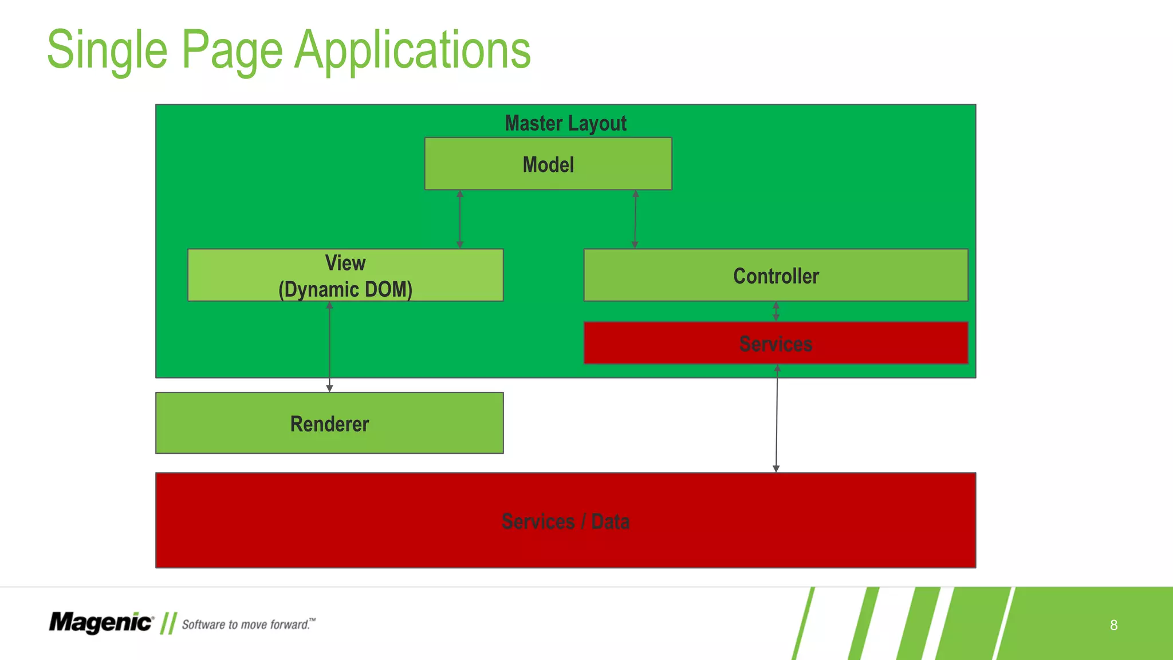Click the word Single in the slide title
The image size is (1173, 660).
pyautogui.click(x=107, y=50)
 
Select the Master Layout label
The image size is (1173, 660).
pyautogui.click(x=565, y=123)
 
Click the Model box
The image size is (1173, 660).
pyautogui.click(x=548, y=164)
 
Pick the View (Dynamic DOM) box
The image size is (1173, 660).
pyautogui.click(x=345, y=275)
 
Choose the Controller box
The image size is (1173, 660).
pyautogui.click(x=776, y=276)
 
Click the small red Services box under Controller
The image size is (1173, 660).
pyautogui.click(x=776, y=343)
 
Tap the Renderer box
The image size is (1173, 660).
pyautogui.click(x=329, y=423)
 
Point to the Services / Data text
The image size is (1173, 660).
pyautogui.click(x=565, y=521)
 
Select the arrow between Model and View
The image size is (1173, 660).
pyautogui.click(x=460, y=219)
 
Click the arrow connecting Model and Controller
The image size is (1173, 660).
pyautogui.click(x=635, y=219)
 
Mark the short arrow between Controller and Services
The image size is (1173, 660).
pyautogui.click(x=776, y=311)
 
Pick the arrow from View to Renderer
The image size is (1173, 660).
pyautogui.click(x=329, y=347)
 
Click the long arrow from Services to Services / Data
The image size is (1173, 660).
pyautogui.click(x=777, y=418)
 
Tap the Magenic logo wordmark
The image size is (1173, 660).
pyautogui.click(x=101, y=623)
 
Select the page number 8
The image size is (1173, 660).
pyautogui.click(x=1113, y=625)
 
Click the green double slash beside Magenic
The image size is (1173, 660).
pyautogui.click(x=168, y=623)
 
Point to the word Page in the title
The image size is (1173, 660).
pyautogui.click(x=231, y=50)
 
